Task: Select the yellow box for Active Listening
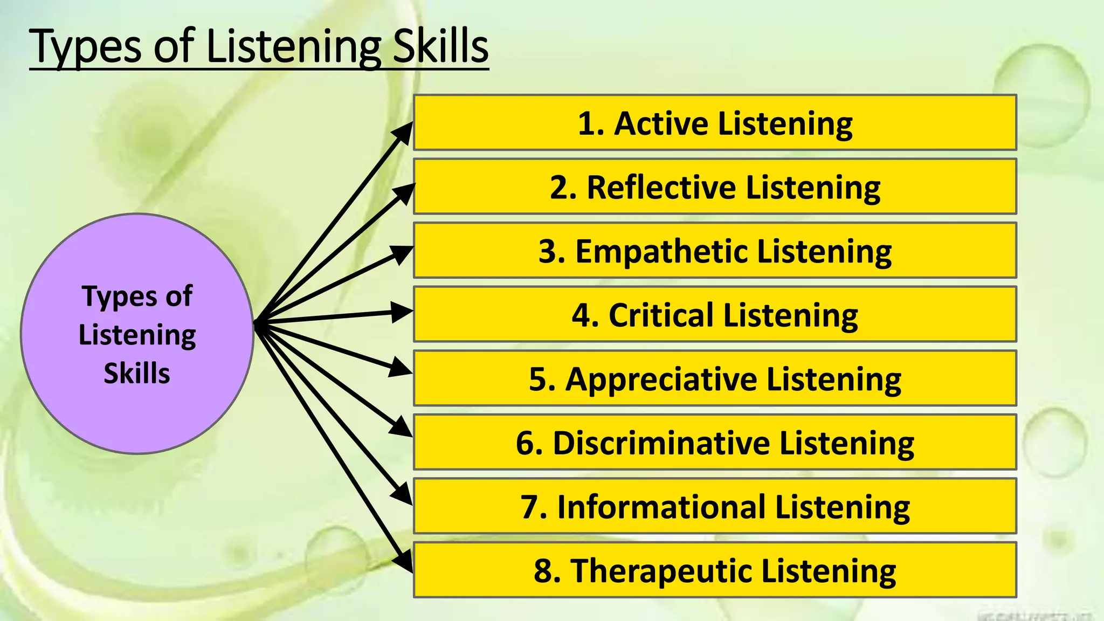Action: pos(715,122)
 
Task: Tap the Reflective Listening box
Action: pos(715,187)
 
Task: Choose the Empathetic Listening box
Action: pos(715,250)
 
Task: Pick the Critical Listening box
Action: pos(715,314)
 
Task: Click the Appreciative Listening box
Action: pos(715,378)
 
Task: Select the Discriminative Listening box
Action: pos(715,442)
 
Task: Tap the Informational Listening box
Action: pos(715,506)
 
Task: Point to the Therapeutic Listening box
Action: pos(715,570)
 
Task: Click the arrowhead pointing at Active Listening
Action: pos(403,133)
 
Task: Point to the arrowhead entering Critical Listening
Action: pos(401,312)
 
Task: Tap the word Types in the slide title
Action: pos(86,47)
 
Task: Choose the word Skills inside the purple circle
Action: pos(137,373)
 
